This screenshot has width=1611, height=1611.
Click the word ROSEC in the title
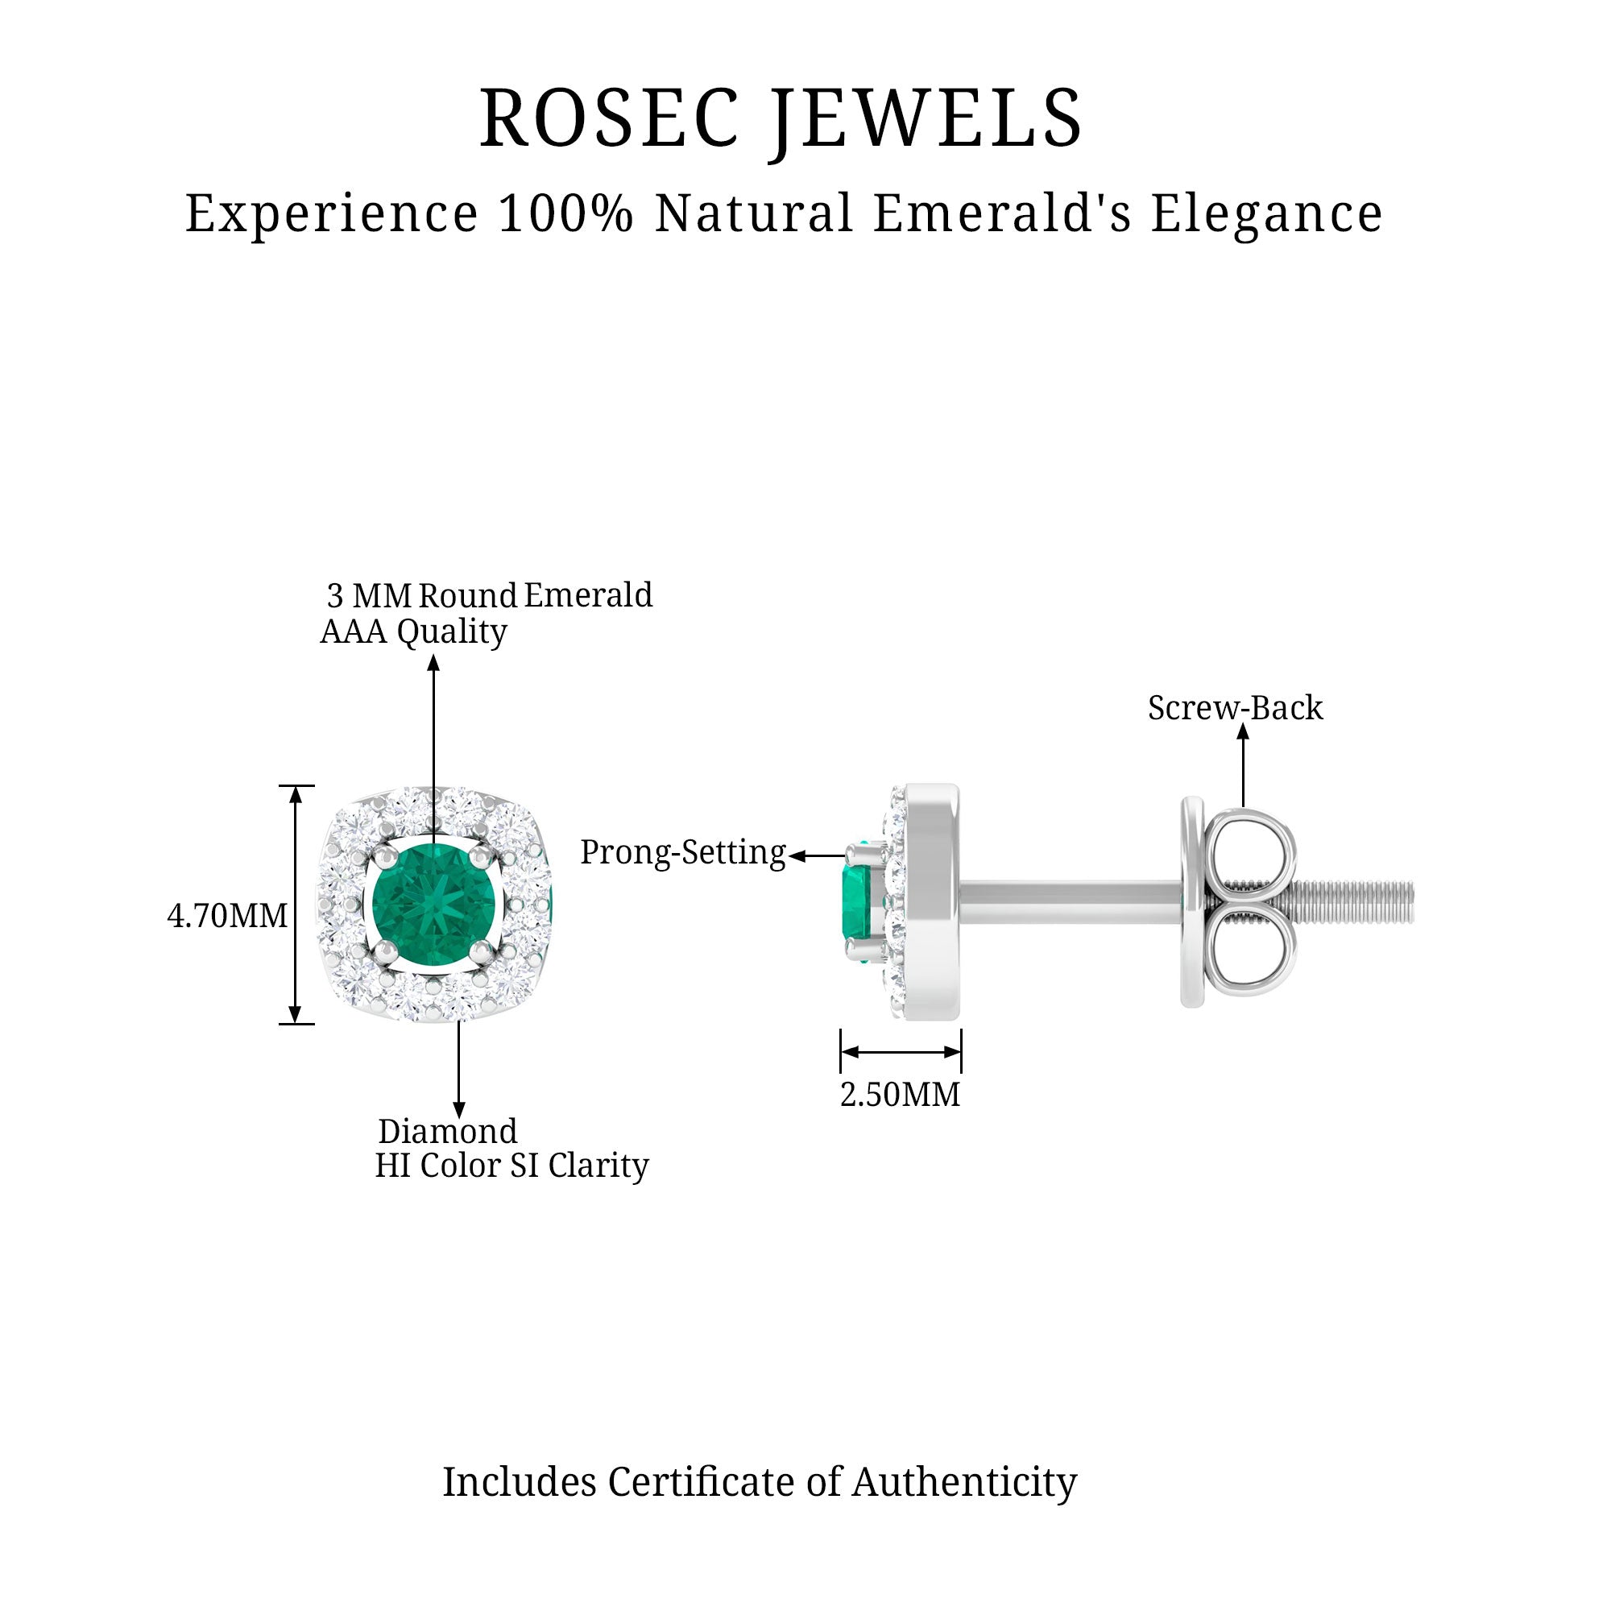point(609,119)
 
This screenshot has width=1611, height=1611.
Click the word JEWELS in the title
point(926,119)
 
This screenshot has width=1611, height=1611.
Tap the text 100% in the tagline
point(566,213)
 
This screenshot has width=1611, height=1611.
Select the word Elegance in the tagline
point(1266,213)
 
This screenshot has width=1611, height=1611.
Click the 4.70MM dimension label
point(227,917)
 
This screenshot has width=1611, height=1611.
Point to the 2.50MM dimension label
point(900,1095)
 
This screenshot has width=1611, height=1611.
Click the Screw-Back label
point(1235,708)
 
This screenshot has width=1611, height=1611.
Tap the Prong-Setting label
point(683,853)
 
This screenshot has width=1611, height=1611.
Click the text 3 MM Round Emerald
point(490,595)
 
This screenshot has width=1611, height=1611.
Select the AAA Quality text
point(413,632)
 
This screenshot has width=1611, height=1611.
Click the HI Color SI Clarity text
point(511,1166)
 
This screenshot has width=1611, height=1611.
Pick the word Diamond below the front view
point(448,1132)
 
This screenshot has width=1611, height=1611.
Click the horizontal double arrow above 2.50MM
point(901,1052)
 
